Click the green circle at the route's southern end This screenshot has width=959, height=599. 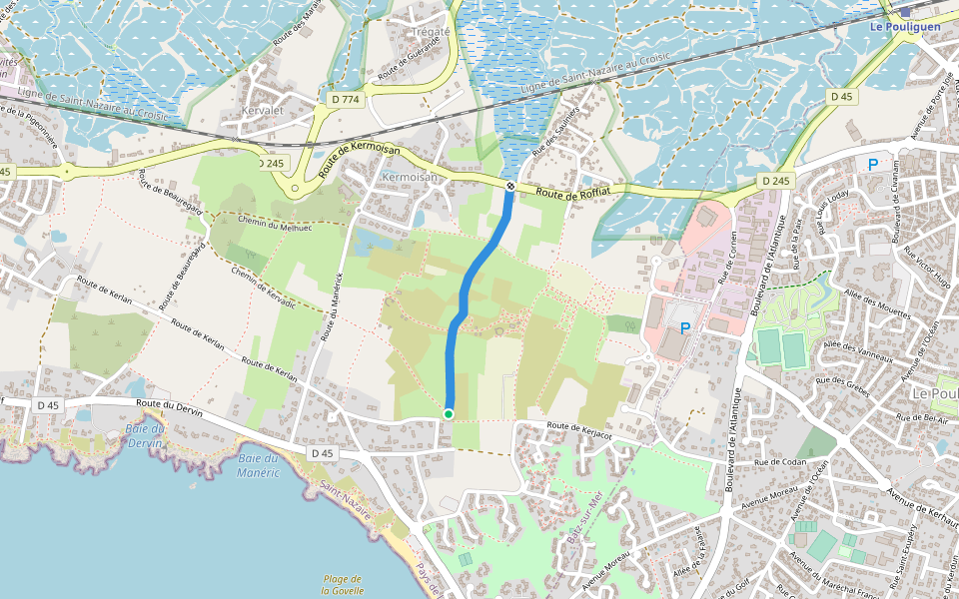[x=449, y=413]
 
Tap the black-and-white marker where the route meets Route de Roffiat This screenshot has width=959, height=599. [x=510, y=186]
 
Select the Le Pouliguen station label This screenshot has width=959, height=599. [x=904, y=27]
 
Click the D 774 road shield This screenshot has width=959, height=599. [x=345, y=99]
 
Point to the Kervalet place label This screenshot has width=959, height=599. [x=264, y=110]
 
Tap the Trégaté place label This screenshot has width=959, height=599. [x=432, y=32]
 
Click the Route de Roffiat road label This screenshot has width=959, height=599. [x=572, y=191]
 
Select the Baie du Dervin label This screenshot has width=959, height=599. [x=145, y=434]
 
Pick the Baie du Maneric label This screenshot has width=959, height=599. [x=259, y=466]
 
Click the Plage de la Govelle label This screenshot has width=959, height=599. [x=342, y=584]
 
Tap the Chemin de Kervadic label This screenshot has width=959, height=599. [x=263, y=287]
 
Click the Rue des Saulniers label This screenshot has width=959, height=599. [x=556, y=131]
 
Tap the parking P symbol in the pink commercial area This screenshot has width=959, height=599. [x=685, y=327]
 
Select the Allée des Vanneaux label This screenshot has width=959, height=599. [x=858, y=351]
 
